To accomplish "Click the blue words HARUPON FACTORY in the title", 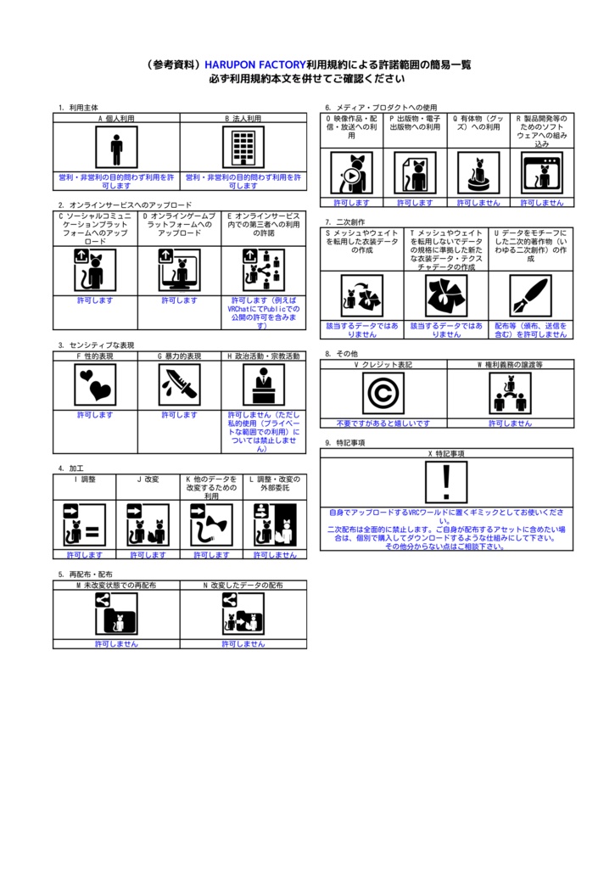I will [254, 64].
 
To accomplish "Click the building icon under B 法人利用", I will [243, 148].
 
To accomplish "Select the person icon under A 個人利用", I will [116, 148].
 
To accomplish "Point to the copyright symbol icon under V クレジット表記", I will [383, 394].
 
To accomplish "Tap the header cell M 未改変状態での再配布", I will [116, 586].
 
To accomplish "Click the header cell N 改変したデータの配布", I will [243, 586].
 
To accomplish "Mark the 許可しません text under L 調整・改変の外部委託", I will [275, 555].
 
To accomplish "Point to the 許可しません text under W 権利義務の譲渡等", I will [511, 423].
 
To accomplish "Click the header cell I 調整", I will [84, 479].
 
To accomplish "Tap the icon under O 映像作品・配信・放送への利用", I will [351, 173].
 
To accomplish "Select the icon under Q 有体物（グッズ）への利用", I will [478, 173].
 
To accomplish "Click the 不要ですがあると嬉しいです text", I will [383, 423].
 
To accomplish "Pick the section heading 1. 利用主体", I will [78, 108].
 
